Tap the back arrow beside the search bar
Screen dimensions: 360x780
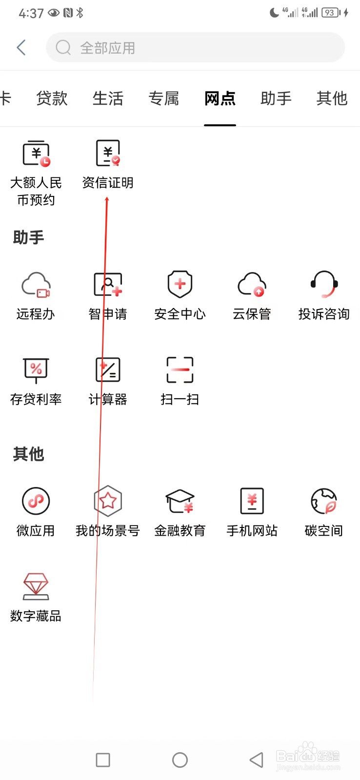[x=21, y=48]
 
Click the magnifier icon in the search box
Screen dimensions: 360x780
[x=63, y=48]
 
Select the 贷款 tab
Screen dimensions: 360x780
[x=52, y=98]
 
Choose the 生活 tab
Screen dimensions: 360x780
[x=108, y=98]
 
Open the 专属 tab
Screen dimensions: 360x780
[x=164, y=98]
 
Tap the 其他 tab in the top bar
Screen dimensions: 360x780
[x=332, y=98]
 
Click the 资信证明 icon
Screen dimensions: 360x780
[x=108, y=154]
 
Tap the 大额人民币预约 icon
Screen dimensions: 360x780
[x=36, y=154]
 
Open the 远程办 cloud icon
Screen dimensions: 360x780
[x=36, y=285]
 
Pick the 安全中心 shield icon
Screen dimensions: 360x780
[x=180, y=284]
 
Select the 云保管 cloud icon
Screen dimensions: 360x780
[x=252, y=285]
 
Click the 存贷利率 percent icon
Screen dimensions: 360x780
[x=36, y=370]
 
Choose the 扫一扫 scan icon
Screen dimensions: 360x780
[x=180, y=370]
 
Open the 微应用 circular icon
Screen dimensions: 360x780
[x=36, y=501]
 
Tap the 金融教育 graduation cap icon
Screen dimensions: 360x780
[x=180, y=501]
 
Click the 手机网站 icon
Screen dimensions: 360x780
[x=252, y=501]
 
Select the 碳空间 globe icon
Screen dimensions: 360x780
[x=324, y=501]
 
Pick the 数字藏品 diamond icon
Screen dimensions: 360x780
[x=36, y=586]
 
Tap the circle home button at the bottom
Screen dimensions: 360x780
[x=180, y=760]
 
